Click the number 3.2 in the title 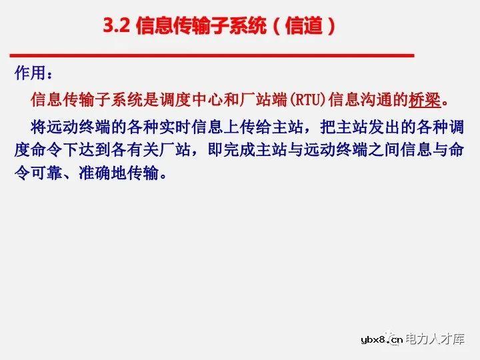[117, 26]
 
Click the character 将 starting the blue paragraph [39, 127]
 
